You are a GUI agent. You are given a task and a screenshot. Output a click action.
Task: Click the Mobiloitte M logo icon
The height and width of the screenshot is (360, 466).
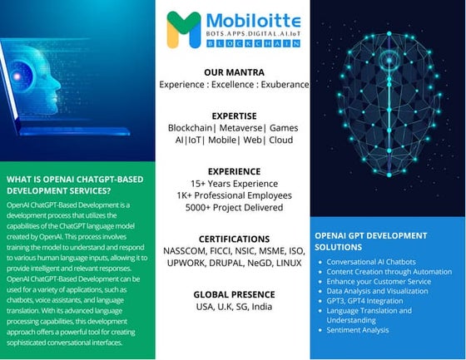coord(183,27)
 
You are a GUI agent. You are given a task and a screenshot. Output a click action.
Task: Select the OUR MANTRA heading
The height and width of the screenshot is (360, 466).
coord(234,72)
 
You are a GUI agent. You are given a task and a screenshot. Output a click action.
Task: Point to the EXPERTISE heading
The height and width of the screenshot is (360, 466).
coord(234,116)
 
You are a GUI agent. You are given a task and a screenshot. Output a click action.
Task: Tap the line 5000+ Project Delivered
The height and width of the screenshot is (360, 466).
coord(234,207)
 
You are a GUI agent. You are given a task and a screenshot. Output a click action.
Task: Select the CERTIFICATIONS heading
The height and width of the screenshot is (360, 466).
coord(234,239)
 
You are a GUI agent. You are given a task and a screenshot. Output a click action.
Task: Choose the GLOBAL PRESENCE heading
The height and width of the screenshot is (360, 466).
coord(234,294)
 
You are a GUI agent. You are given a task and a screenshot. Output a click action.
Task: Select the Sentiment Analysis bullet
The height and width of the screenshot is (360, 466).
coord(358,329)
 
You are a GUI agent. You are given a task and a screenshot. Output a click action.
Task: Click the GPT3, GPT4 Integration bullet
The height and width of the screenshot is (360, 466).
coord(364,301)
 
